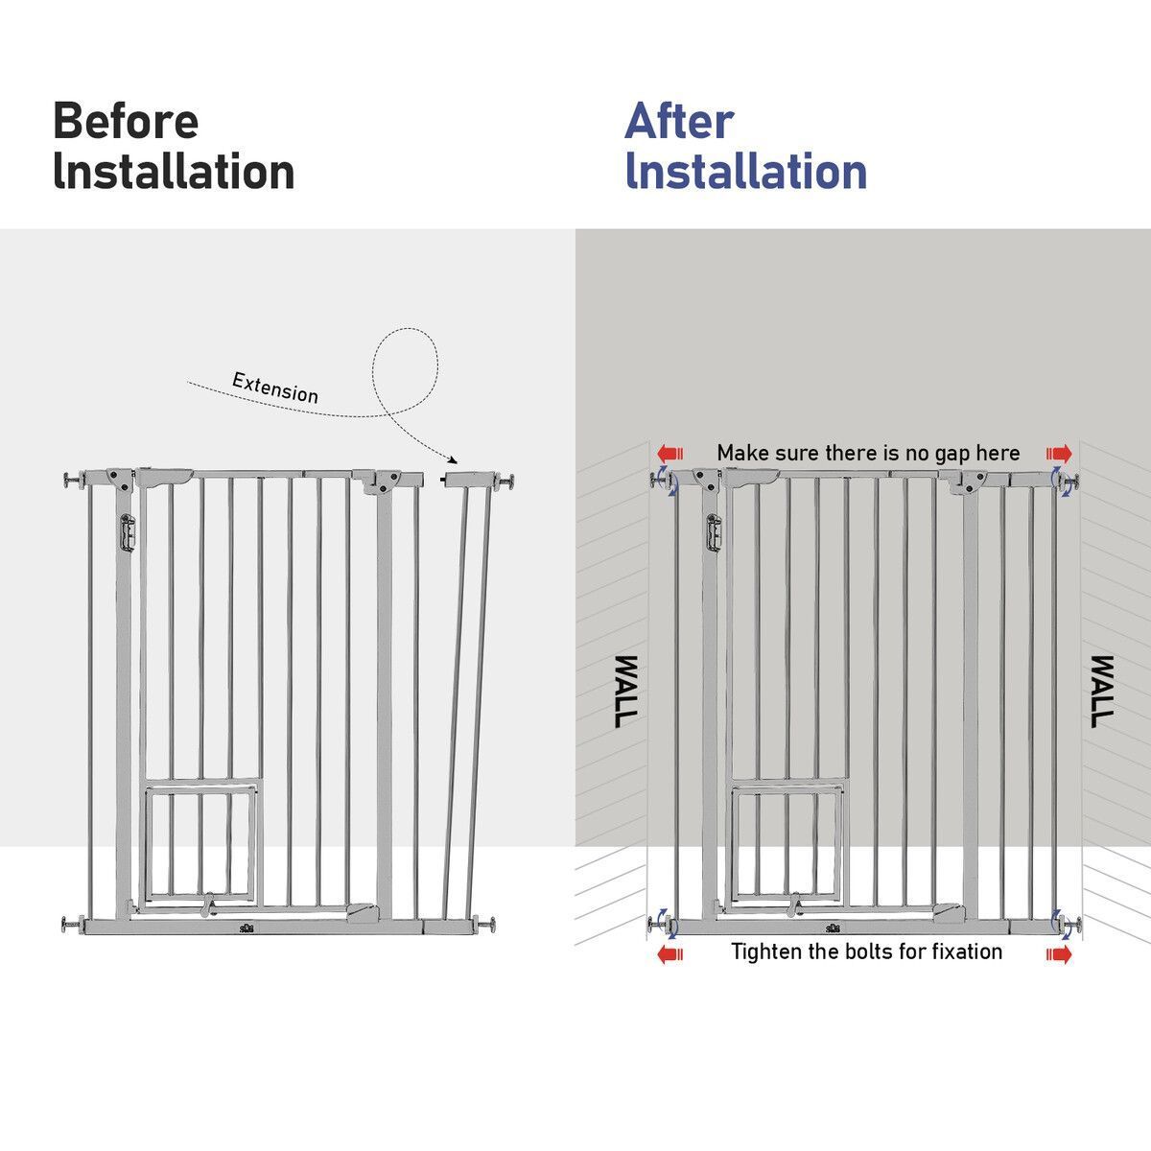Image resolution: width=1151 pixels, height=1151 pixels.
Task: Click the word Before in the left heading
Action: tap(126, 121)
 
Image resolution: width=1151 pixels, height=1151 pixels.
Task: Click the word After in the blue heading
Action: tap(679, 121)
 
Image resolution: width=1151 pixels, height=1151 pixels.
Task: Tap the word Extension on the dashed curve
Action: tap(274, 388)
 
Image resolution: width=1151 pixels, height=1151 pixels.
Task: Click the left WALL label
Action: tap(626, 691)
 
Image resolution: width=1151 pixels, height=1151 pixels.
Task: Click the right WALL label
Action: tap(1102, 691)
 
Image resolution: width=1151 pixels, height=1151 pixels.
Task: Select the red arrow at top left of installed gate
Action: tap(669, 454)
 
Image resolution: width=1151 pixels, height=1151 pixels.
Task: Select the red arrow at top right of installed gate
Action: tap(1059, 454)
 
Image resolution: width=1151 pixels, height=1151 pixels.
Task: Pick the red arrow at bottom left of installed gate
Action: tap(669, 954)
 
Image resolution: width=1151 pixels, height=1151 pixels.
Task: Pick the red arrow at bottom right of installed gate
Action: tap(1059, 954)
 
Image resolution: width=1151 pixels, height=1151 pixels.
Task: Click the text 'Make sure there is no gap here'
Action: tap(868, 454)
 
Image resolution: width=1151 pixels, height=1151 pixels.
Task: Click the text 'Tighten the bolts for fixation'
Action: tap(867, 951)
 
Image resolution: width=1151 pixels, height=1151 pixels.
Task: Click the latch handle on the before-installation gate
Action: tap(128, 532)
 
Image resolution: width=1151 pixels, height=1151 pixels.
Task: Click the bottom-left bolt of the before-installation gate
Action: tap(74, 925)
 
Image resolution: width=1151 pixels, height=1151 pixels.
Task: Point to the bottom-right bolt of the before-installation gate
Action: tap(483, 924)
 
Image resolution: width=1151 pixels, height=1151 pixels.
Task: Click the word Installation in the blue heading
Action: tap(746, 172)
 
